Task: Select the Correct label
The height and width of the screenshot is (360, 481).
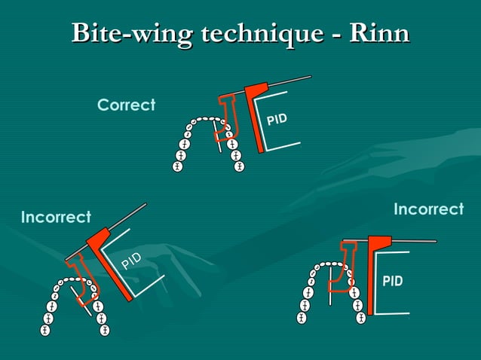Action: point(126,105)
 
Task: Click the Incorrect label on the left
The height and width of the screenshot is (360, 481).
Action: point(56,218)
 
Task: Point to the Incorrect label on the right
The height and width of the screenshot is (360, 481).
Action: point(428,209)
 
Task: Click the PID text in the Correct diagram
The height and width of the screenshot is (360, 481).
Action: point(277,121)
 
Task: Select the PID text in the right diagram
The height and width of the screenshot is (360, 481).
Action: point(392,282)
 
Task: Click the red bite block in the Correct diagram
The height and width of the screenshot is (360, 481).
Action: point(225,121)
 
